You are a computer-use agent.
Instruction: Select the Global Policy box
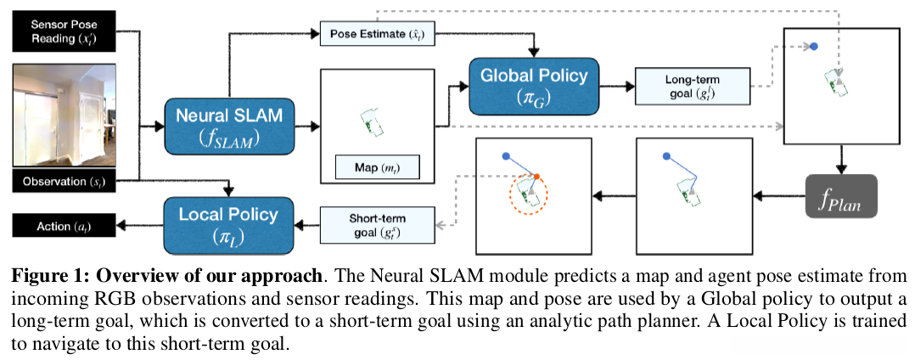coord(534,86)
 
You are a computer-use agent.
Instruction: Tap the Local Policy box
coord(228,223)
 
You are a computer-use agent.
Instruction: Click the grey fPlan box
coord(839,200)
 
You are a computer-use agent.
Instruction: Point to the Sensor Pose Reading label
coord(63,33)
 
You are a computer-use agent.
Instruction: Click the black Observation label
coord(63,180)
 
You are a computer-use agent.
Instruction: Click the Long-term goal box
coord(693,87)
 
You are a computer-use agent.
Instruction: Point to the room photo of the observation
coord(63,115)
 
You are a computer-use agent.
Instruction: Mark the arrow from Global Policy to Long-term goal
coord(616,86)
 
